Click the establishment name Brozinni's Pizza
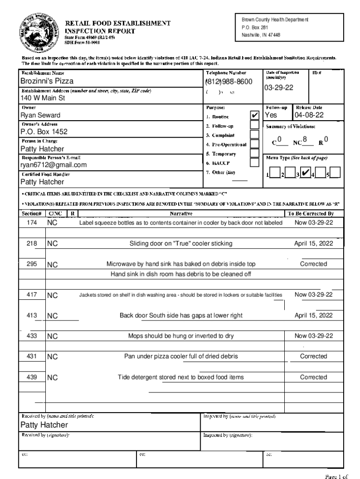pyautogui.click(x=47, y=81)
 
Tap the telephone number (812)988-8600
pyautogui.click(x=229, y=82)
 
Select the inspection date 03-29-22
pyautogui.click(x=279, y=88)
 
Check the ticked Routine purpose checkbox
pyautogui.click(x=254, y=116)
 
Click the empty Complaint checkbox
pyautogui.click(x=254, y=135)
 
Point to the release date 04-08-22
pyautogui.click(x=309, y=115)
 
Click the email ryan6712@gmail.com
pyautogui.click(x=53, y=165)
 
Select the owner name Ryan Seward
pyautogui.click(x=40, y=115)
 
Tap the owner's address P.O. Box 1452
pyautogui.click(x=44, y=132)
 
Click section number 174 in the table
pyautogui.click(x=32, y=223)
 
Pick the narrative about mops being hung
pyautogui.click(x=181, y=336)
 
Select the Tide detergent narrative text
pyautogui.click(x=181, y=377)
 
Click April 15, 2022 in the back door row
pyautogui.click(x=313, y=315)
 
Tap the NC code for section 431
pyautogui.click(x=52, y=357)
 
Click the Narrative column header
pyautogui.click(x=181, y=213)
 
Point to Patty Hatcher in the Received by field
pyautogui.click(x=44, y=425)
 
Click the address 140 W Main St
pyautogui.click(x=43, y=98)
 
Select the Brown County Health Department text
pyautogui.click(x=275, y=20)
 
